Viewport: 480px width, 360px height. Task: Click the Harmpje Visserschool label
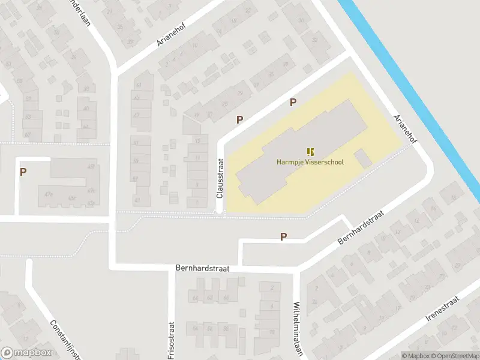(x=310, y=162)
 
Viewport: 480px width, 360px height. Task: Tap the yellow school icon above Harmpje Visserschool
(x=310, y=152)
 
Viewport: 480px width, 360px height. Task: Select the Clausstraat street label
(x=220, y=178)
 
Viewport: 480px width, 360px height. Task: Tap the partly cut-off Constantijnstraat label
(x=64, y=339)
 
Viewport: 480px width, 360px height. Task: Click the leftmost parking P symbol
(x=23, y=172)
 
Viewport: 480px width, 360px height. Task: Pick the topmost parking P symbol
(x=293, y=102)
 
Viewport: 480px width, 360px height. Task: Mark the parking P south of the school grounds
(x=283, y=237)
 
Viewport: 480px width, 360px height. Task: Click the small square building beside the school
(x=364, y=159)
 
